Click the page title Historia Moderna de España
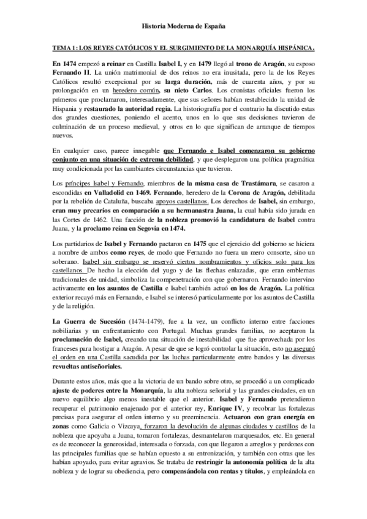183,28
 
